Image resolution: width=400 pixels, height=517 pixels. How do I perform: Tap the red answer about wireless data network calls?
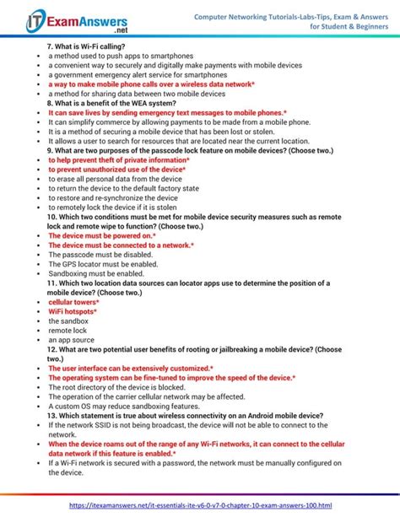coord(151,84)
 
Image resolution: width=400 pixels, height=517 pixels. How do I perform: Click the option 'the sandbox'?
coord(68,321)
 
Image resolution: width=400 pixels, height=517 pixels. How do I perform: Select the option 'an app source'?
coord(71,340)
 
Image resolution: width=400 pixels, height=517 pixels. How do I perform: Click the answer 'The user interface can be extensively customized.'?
coord(131,369)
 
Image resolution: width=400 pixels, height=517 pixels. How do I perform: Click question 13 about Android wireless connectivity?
coord(185,416)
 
